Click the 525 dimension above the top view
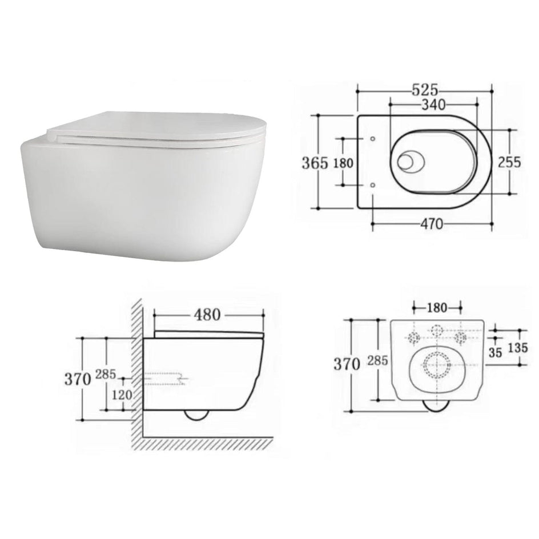[425, 90]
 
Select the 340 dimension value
[433, 104]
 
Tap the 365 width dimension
[315, 163]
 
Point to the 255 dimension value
[510, 162]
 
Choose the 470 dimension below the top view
[432, 224]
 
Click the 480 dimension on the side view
[207, 315]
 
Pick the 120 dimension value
[122, 395]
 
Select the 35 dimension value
[496, 352]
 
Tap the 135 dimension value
[518, 348]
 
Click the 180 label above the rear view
[437, 308]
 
